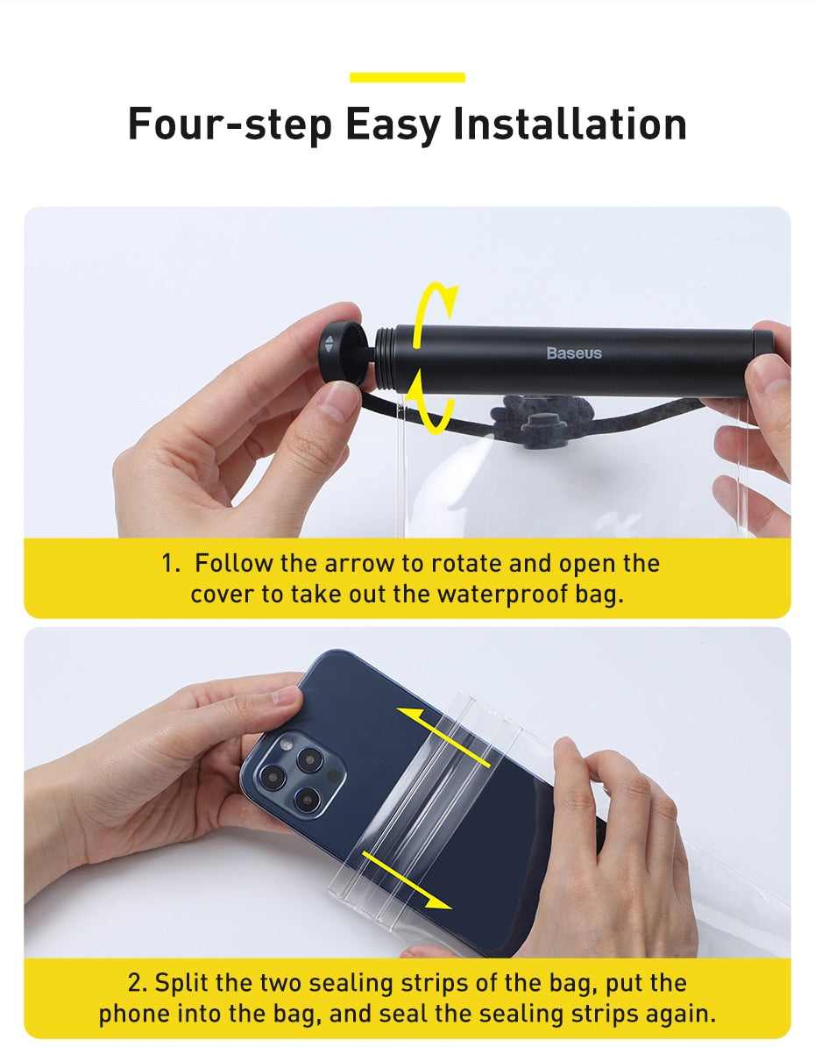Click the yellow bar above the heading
[x=407, y=77]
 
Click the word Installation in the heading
[x=570, y=124]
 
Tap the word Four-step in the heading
[x=230, y=124]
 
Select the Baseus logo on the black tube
[x=574, y=353]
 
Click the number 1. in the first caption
[x=171, y=563]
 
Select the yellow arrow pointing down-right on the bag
[x=407, y=881]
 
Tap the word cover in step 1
[x=223, y=594]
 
